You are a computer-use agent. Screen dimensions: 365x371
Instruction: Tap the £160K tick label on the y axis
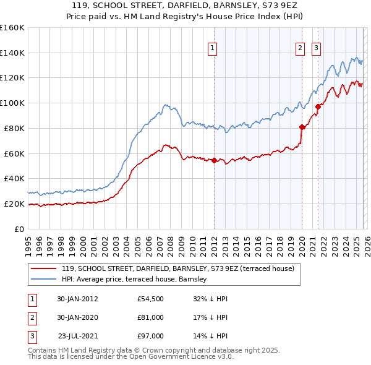[x=12, y=28]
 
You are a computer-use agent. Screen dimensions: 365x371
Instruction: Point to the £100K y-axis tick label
[x=12, y=103]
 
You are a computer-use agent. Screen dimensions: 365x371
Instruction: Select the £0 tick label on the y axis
[x=20, y=229]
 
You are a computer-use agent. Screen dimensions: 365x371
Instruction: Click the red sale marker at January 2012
[x=214, y=160]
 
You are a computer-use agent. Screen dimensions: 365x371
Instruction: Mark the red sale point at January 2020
[x=302, y=127]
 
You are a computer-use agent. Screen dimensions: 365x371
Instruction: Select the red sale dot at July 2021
[x=318, y=106]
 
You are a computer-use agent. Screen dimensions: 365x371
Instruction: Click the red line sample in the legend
[x=45, y=268]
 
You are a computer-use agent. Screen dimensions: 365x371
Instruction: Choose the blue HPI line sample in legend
[x=45, y=280]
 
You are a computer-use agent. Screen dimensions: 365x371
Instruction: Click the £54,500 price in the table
[x=151, y=299]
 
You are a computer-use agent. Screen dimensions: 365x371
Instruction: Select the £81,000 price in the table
[x=151, y=317]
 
